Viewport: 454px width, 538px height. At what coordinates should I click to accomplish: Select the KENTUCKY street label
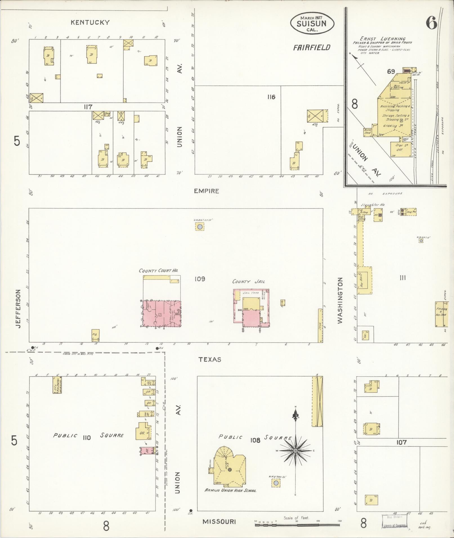(90, 22)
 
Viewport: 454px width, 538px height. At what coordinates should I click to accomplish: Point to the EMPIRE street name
(206, 191)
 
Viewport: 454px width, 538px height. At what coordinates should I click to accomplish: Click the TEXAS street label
(210, 359)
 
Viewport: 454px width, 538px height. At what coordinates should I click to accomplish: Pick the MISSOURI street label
(219, 521)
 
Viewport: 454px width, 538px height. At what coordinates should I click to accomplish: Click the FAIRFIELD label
(312, 48)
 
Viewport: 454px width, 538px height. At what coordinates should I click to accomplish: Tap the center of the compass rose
(295, 451)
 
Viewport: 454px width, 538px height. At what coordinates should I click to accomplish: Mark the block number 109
(200, 279)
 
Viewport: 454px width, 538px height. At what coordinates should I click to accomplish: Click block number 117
(88, 107)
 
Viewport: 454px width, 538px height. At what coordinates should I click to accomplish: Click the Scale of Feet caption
(296, 518)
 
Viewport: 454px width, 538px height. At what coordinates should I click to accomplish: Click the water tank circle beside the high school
(276, 483)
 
